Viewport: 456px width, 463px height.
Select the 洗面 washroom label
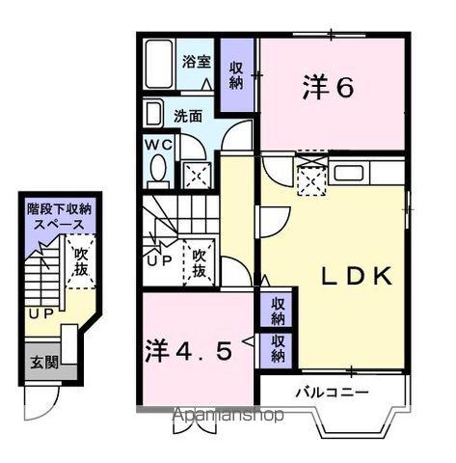click(x=188, y=116)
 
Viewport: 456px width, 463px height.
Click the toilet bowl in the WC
click(x=159, y=173)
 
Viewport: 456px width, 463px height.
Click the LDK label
click(x=357, y=277)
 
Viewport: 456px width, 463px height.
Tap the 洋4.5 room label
click(x=191, y=350)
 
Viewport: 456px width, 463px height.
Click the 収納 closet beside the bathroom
click(x=237, y=73)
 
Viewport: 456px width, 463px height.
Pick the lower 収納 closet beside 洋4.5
click(x=277, y=348)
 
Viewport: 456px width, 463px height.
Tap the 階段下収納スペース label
click(x=60, y=214)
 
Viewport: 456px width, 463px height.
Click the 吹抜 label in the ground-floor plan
click(x=81, y=261)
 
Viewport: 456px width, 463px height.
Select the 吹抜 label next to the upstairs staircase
click(x=200, y=263)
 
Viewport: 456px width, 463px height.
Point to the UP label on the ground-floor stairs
click(x=40, y=313)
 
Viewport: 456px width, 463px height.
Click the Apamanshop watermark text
click(x=228, y=416)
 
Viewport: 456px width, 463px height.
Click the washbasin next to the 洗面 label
click(x=154, y=115)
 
